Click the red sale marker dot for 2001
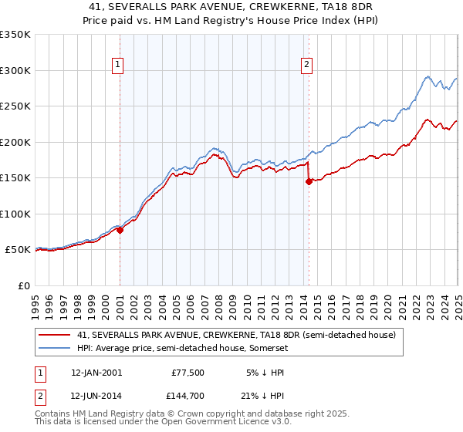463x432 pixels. (120, 230)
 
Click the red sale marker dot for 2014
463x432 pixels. (309, 182)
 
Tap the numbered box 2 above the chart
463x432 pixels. (307, 66)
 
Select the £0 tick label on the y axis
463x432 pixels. (24, 285)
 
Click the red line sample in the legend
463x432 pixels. (54, 335)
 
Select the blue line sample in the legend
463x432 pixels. (54, 348)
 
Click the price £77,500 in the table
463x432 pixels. (188, 372)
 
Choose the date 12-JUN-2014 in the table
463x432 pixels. (96, 397)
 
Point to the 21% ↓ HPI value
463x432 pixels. (267, 397)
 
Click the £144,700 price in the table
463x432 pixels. (186, 397)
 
